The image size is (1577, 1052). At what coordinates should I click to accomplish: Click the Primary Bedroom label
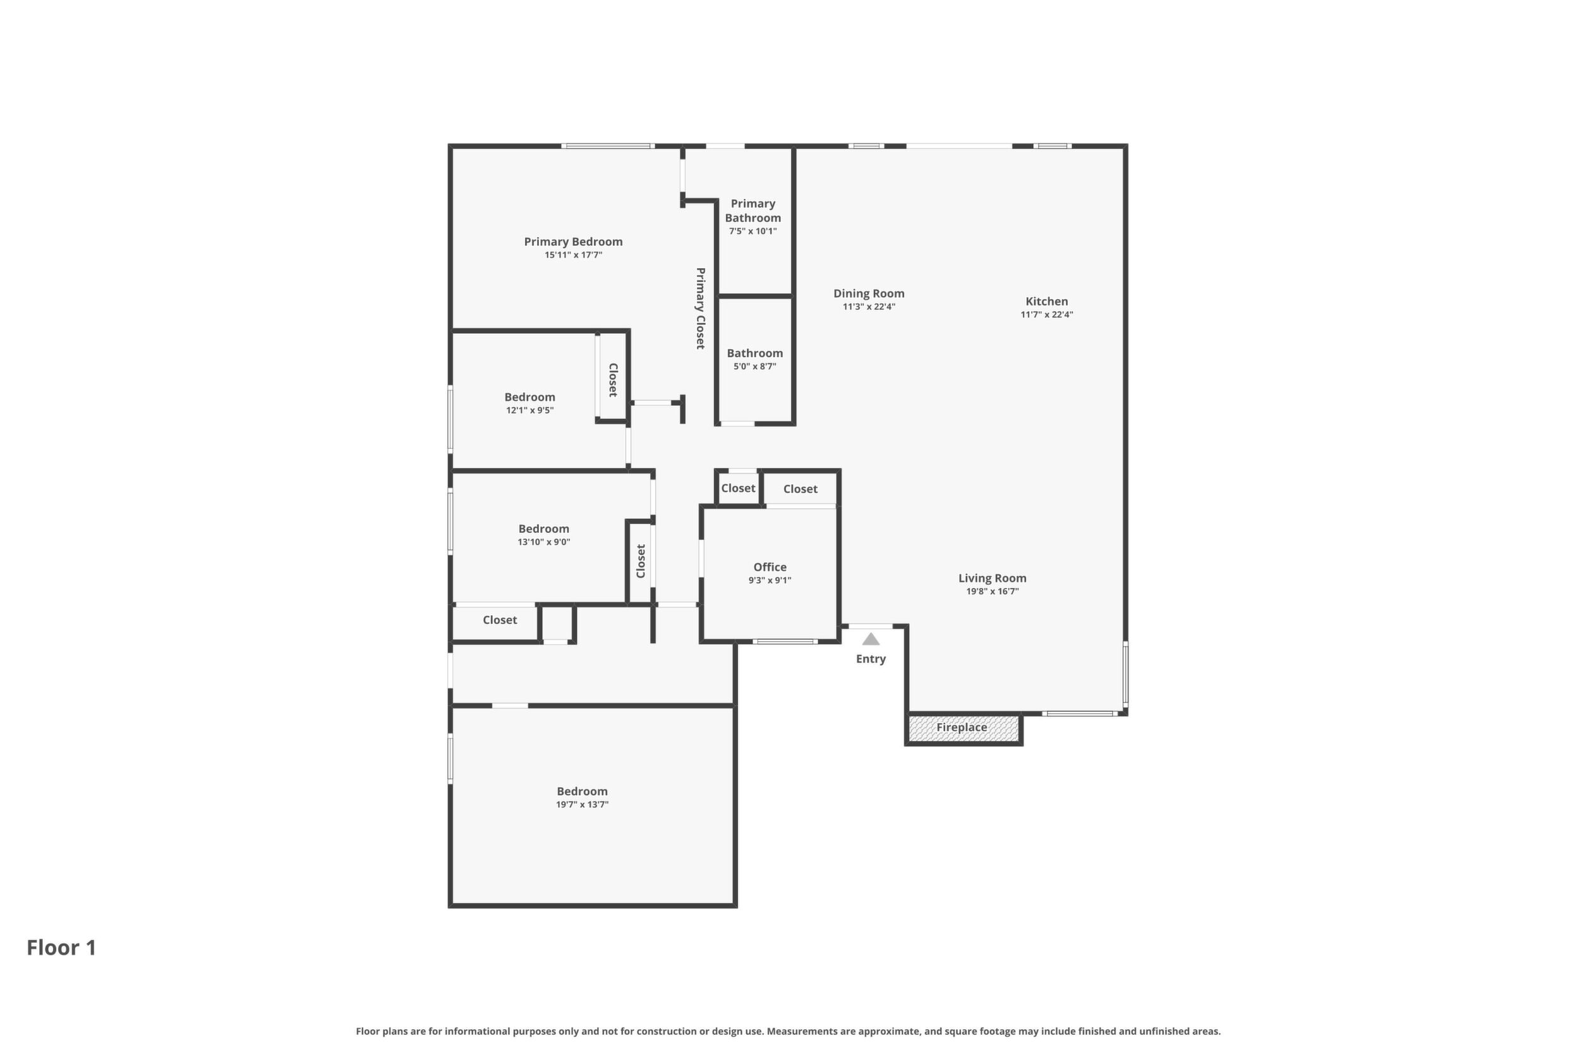[573, 242]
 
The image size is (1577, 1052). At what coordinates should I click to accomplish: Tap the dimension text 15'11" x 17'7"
[573, 255]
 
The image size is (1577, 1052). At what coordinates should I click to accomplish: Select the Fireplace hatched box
[964, 728]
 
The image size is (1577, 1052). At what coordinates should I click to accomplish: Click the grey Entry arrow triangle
[870, 639]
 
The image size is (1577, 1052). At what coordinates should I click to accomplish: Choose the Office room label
[770, 567]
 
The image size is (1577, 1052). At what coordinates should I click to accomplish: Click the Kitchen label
[1047, 301]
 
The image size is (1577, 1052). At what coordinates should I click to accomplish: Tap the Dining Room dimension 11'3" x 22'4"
[869, 307]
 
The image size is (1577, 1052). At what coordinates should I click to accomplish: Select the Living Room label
[993, 578]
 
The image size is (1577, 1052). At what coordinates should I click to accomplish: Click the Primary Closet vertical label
[701, 309]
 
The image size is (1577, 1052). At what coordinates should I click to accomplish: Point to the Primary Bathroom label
[753, 211]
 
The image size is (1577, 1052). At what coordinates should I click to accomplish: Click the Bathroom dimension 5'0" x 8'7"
[755, 366]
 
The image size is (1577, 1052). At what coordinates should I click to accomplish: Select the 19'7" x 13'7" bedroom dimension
[582, 804]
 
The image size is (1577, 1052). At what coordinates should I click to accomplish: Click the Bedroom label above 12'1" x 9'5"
[529, 397]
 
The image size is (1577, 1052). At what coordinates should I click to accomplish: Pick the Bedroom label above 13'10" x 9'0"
[544, 529]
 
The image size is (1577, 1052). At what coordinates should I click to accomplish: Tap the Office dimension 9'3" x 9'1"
[770, 580]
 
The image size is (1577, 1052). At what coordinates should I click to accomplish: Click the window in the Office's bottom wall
[785, 642]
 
